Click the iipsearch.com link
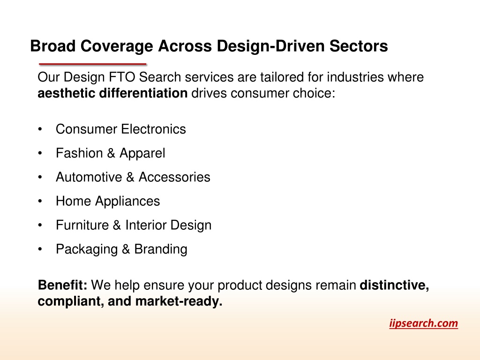(x=423, y=323)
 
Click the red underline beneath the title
(x=93, y=64)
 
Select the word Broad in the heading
(x=53, y=46)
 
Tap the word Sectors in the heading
(x=359, y=46)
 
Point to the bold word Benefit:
(x=62, y=285)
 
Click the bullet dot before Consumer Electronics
(x=40, y=129)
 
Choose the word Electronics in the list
(x=154, y=129)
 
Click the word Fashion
(x=79, y=153)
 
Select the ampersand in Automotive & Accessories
(x=130, y=177)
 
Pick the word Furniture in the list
(x=82, y=225)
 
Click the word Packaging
(x=87, y=249)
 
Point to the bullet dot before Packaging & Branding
(x=40, y=249)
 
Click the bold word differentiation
(x=143, y=93)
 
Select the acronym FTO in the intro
(x=122, y=77)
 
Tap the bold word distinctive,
(x=394, y=285)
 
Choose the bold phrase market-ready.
(x=179, y=301)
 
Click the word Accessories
(x=174, y=177)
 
